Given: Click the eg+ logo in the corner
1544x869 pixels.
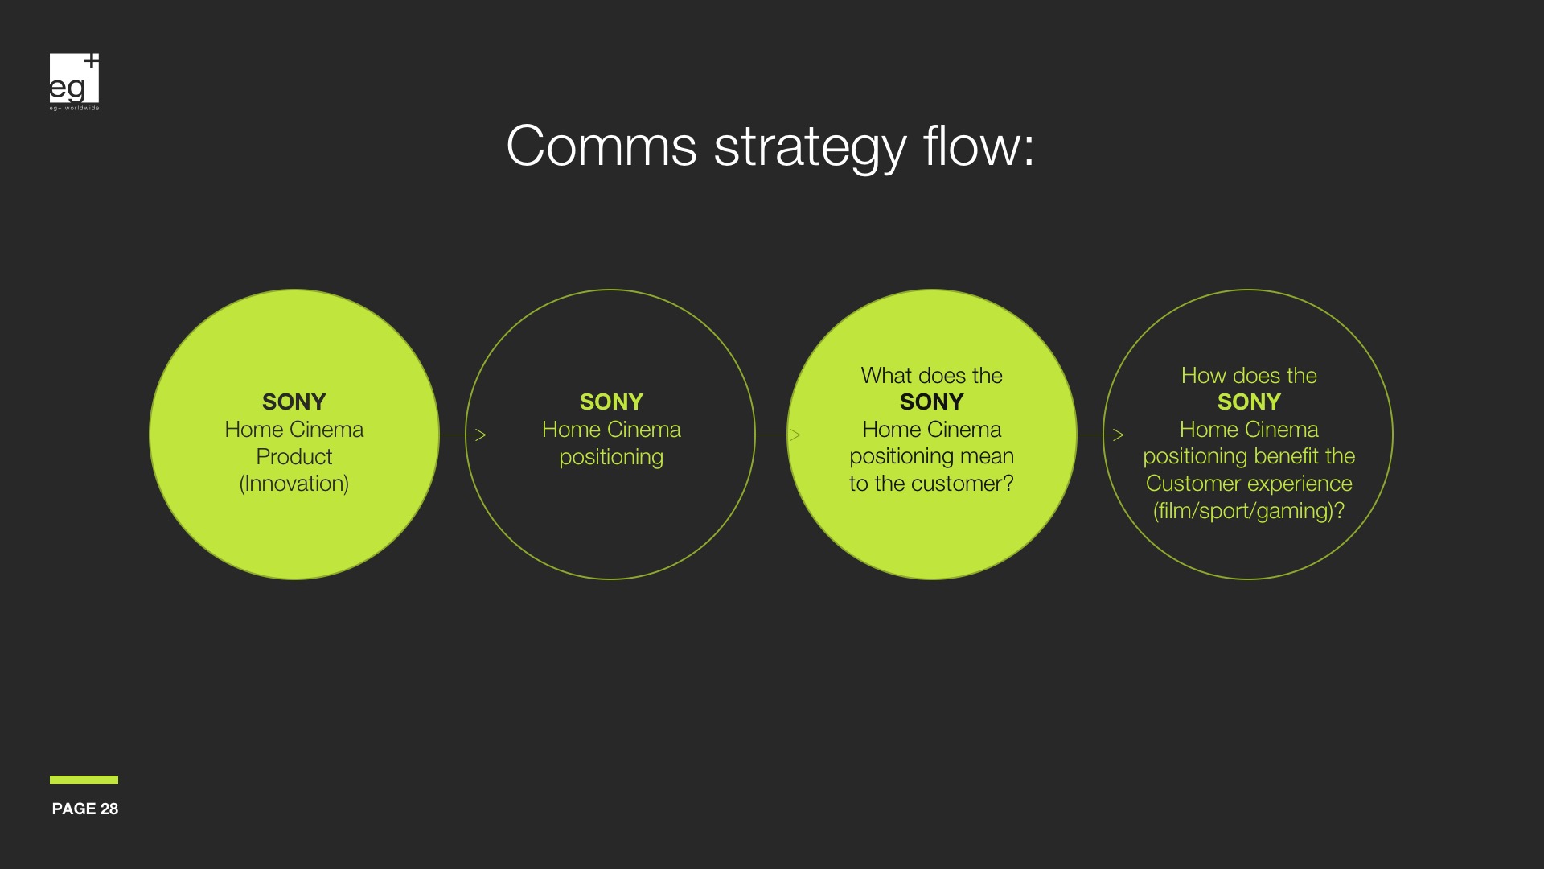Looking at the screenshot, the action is click(x=74, y=81).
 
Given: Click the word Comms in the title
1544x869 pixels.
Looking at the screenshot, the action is click(x=602, y=146).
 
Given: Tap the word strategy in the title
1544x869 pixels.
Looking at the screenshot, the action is click(x=810, y=150).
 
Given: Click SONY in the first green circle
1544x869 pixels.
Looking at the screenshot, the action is click(x=294, y=402).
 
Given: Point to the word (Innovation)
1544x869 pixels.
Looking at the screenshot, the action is click(x=294, y=484).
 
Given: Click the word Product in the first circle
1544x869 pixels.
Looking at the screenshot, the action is click(x=294, y=456).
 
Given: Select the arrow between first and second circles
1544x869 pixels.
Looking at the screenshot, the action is click(x=463, y=434).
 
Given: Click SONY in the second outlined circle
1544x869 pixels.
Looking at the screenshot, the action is click(x=611, y=402).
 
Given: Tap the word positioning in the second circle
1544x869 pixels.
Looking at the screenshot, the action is click(x=611, y=457).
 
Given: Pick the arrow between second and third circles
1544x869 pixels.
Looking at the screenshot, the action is click(x=778, y=434).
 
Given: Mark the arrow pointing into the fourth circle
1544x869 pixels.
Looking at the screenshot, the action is click(x=1101, y=434).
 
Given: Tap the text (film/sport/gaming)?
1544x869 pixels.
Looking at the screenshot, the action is click(x=1249, y=511).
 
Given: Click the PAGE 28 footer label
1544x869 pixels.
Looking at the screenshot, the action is click(x=85, y=809).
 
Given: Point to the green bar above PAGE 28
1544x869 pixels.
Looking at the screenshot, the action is click(x=84, y=780).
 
